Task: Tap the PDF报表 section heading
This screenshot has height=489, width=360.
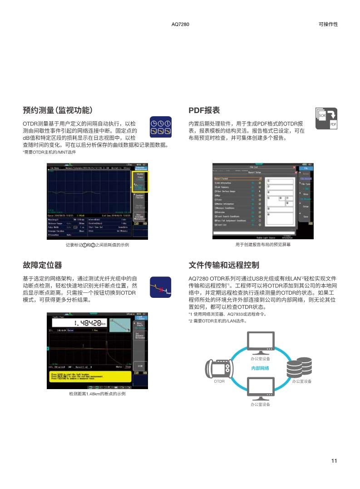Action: tap(204, 110)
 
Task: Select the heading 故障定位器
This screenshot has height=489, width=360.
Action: tap(42, 265)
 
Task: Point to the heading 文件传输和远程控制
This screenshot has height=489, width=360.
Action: tap(224, 265)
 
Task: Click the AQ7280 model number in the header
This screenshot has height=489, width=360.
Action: tap(180, 24)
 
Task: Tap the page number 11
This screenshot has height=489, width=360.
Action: tap(334, 461)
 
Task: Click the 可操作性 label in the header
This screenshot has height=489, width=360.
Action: tap(328, 24)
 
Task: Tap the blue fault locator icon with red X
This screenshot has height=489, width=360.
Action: tap(160, 287)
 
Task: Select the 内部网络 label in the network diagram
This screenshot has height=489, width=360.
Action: tap(260, 368)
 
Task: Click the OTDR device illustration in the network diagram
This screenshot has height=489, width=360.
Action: tap(219, 367)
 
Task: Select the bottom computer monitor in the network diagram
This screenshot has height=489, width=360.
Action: tap(260, 389)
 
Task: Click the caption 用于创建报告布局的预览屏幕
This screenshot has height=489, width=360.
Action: tap(263, 245)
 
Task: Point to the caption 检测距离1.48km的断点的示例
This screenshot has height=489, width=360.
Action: tap(97, 394)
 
